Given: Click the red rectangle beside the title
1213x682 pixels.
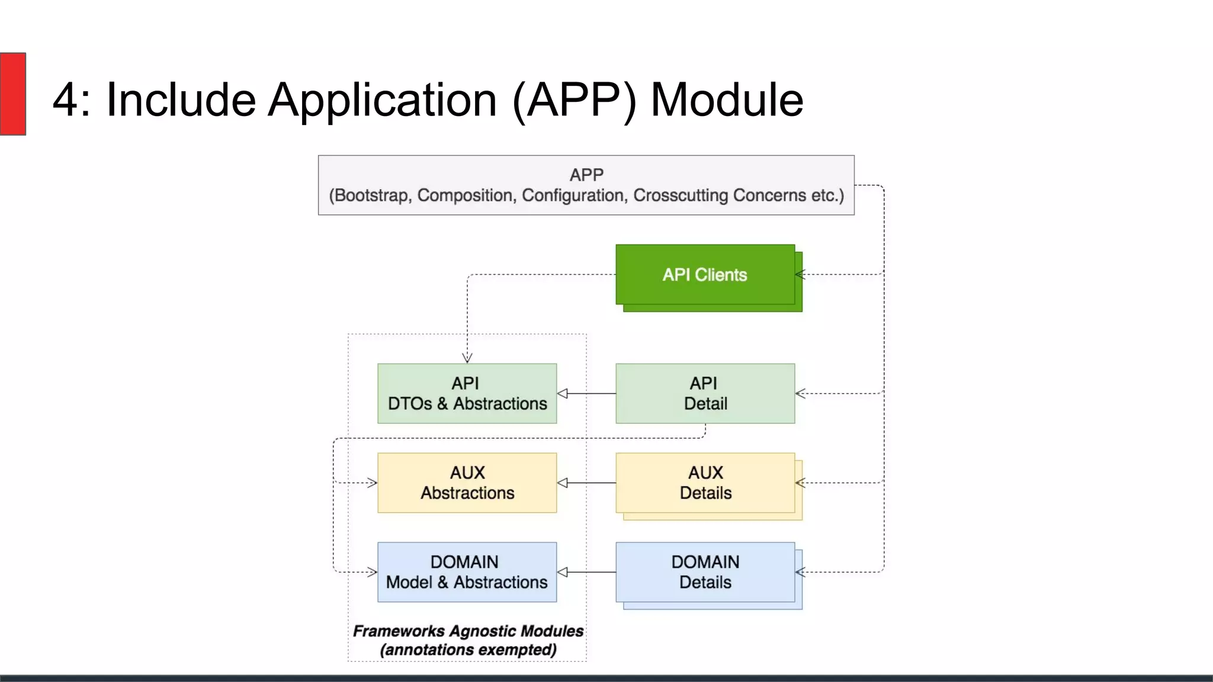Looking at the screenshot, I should (x=13, y=94).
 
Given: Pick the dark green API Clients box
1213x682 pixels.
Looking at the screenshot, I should (x=705, y=275).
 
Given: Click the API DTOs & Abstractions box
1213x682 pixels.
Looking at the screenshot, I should (x=467, y=394).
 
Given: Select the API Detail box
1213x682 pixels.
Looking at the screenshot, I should (x=705, y=394).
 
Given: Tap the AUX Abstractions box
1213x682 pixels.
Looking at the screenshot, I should (x=467, y=483).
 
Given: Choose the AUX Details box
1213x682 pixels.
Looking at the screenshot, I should (x=705, y=483).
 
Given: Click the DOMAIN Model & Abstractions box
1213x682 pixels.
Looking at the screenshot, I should (x=467, y=572).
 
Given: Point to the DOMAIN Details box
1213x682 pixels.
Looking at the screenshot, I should (x=705, y=572).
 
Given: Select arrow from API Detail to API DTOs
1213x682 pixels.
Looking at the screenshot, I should (x=586, y=394).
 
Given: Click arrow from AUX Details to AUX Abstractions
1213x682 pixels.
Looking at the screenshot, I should (x=586, y=483).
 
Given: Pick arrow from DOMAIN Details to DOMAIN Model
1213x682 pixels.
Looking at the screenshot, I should (x=586, y=572).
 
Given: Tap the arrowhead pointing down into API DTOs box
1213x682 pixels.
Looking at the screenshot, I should (x=467, y=358).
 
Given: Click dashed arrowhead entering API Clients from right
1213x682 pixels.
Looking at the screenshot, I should (x=800, y=275).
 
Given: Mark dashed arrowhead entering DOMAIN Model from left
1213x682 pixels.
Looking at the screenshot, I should (x=372, y=572).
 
